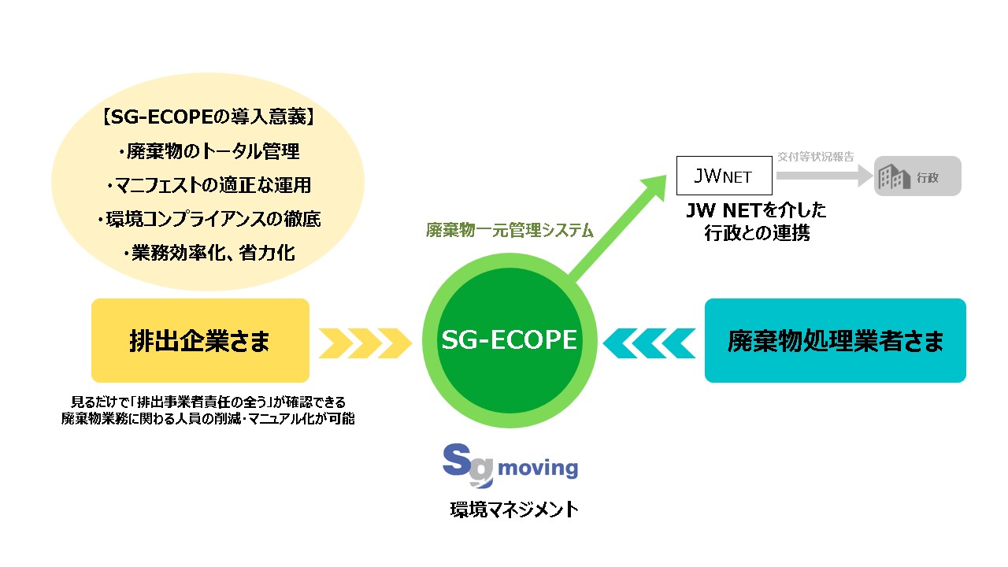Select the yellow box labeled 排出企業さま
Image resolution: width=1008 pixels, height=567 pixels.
pos(200,340)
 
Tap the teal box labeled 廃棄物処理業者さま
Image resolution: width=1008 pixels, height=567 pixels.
pos(835,340)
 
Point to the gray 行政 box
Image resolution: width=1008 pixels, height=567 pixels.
pos(918,176)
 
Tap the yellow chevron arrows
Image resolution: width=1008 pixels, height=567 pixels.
pos(364,341)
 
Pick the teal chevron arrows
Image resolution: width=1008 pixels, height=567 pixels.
pos(650,341)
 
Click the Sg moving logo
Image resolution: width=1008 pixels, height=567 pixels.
pos(510,466)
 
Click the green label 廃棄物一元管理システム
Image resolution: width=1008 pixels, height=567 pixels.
pos(510,231)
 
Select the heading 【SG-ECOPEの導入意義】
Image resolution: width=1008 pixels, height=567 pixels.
pos(208,117)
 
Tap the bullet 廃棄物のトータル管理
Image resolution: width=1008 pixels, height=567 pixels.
pos(208,151)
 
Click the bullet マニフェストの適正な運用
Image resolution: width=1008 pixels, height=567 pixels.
pos(208,185)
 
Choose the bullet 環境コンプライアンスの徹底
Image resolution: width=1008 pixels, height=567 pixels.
pos(208,219)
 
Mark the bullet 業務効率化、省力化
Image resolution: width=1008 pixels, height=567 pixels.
pos(208,253)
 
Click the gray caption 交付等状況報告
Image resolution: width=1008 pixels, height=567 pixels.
pos(816,157)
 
